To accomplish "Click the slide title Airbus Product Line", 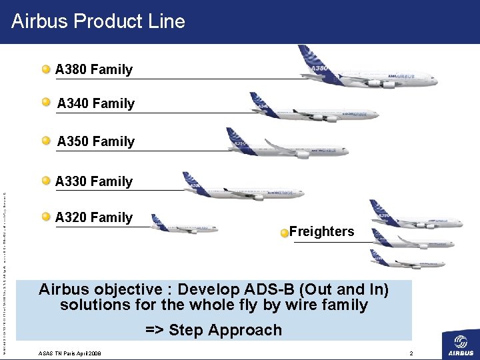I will [x=98, y=21].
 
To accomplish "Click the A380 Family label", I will [x=94, y=69].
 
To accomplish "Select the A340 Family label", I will [x=96, y=103].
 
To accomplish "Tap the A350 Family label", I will [x=96, y=141].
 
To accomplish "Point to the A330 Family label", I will [x=94, y=181].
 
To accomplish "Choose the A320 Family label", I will [x=94, y=217].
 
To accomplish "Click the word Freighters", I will [x=321, y=232].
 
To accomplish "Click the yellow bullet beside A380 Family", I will [x=46, y=69].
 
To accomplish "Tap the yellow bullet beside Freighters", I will [x=285, y=233].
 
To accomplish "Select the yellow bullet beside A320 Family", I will [x=46, y=217].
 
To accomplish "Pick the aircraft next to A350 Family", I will [x=287, y=145].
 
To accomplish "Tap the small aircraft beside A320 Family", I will [x=183, y=225].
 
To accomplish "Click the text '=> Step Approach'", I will [x=213, y=330].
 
